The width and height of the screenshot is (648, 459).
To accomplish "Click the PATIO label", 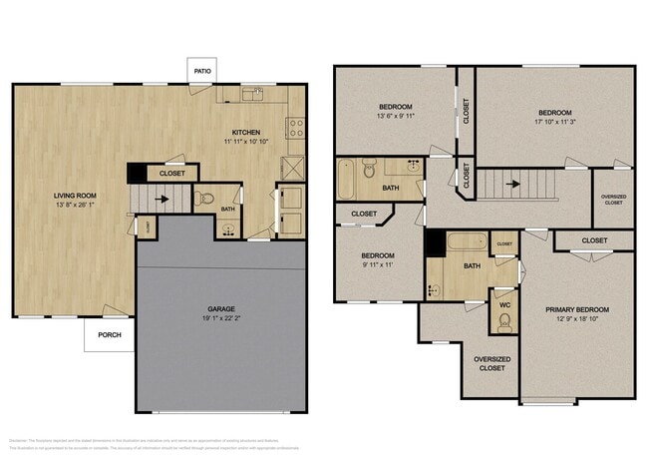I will (x=203, y=70).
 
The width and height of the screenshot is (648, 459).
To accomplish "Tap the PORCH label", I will (x=109, y=334).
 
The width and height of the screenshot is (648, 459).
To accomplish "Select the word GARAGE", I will (x=220, y=309).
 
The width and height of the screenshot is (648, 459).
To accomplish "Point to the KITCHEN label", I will (x=246, y=133).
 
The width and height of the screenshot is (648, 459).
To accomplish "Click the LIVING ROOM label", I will (x=75, y=196).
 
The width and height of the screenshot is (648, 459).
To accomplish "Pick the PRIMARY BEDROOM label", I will (x=576, y=310).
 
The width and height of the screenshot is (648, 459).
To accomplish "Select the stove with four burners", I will (x=295, y=127).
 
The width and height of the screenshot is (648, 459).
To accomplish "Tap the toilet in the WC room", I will (x=504, y=319).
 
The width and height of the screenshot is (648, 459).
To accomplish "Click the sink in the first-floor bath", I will (x=229, y=229).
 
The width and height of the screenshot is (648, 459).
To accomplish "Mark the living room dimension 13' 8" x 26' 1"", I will (x=75, y=207).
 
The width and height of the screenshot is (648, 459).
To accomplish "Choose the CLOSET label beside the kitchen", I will (x=172, y=174).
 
